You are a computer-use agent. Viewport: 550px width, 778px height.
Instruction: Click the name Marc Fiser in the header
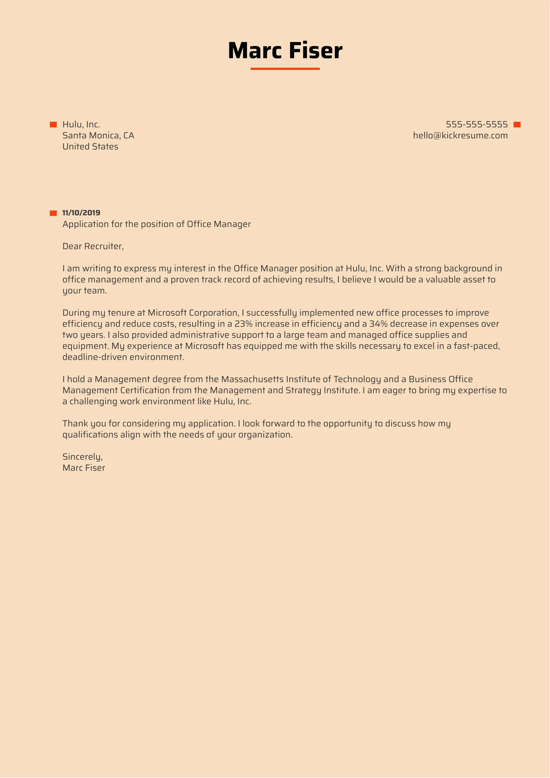285,51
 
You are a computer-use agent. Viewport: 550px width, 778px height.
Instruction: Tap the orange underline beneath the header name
285,69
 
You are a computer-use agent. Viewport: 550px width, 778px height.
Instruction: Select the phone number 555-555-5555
477,124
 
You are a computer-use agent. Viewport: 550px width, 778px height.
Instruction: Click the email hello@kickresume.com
460,136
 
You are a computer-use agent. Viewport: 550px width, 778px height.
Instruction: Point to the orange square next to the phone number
517,125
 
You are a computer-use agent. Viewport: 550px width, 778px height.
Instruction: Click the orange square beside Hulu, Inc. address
53,125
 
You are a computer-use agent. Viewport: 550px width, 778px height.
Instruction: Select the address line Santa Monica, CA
98,136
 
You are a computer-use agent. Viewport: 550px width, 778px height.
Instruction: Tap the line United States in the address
90,147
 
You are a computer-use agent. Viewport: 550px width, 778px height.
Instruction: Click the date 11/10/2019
81,213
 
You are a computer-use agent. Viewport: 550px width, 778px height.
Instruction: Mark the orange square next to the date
53,213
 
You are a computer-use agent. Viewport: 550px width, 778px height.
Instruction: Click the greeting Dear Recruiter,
93,246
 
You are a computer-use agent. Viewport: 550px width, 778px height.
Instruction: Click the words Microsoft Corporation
193,313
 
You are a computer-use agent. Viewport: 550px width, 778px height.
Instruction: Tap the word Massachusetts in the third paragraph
252,379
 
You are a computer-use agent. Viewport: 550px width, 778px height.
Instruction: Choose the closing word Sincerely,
82,457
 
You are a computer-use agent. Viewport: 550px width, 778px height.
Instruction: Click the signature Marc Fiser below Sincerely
84,468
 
